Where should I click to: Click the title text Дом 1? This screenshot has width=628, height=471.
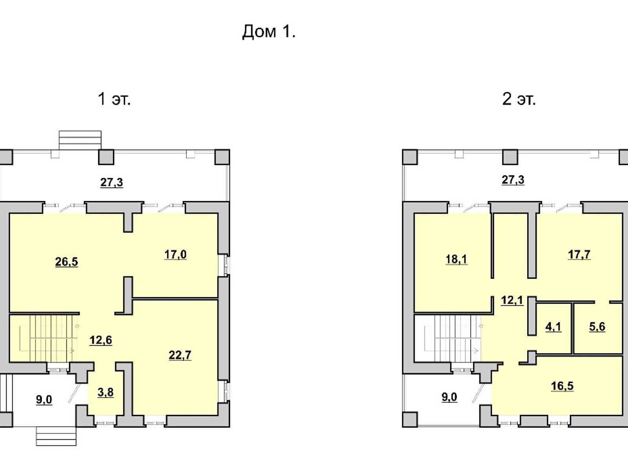(268, 31)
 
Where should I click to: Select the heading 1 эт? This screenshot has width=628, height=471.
(114, 99)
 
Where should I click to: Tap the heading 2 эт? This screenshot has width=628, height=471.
(519, 99)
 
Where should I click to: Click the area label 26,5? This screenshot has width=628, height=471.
(66, 262)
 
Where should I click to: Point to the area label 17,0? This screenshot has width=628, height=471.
(175, 254)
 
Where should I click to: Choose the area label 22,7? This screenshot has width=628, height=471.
(180, 355)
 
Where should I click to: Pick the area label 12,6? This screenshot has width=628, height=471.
(101, 340)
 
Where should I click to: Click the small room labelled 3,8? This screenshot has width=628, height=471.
(105, 392)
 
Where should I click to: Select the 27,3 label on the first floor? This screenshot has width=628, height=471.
(111, 182)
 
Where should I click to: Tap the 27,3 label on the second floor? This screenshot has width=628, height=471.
(513, 180)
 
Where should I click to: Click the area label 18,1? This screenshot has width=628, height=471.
(456, 259)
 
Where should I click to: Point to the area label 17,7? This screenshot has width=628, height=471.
(579, 254)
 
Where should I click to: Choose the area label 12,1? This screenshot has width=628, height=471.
(512, 301)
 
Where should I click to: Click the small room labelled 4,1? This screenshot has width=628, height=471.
(553, 327)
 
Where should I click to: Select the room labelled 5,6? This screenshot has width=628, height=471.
(597, 327)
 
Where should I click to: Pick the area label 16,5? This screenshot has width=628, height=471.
(562, 386)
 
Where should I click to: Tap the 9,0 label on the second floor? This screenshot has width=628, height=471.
(449, 397)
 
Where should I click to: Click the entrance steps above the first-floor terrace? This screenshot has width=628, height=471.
(80, 140)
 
